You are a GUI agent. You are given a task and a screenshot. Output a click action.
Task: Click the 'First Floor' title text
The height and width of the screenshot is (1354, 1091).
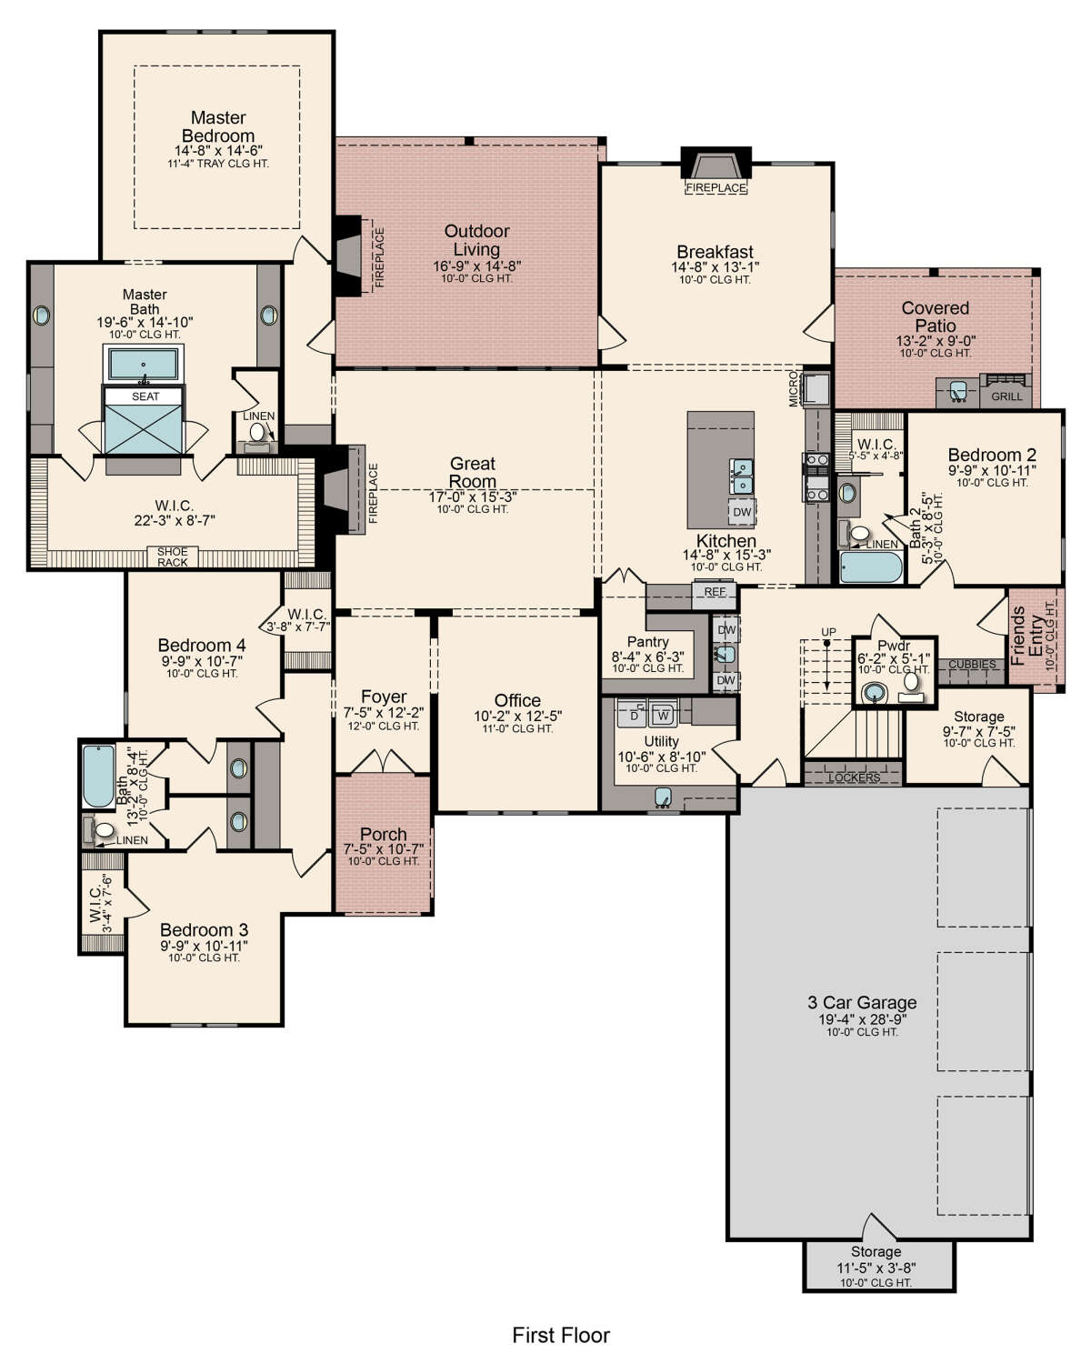point(560,1335)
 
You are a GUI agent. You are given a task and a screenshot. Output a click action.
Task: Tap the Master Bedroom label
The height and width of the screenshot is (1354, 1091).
point(218,126)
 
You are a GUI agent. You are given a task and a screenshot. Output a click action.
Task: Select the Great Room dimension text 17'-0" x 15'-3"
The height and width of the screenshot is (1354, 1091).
point(473,497)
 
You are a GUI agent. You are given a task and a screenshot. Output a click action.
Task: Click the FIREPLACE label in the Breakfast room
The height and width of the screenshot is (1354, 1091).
point(716,188)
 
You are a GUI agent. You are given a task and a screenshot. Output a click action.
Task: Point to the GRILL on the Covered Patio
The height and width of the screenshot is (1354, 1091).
point(1006,396)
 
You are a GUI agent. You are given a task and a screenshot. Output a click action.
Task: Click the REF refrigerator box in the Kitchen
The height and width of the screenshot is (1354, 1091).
point(715,592)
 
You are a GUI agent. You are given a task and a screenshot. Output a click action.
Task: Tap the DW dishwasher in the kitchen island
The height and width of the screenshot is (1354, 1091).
point(742,512)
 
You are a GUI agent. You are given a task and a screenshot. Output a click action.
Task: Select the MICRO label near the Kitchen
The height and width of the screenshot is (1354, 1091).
point(794,388)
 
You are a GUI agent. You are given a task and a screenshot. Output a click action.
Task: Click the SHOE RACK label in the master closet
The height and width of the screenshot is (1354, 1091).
point(173,557)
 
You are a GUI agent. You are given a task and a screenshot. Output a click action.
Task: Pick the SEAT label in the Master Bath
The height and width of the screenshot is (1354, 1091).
point(145,396)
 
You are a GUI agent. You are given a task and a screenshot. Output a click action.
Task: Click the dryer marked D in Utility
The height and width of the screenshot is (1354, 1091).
point(634,716)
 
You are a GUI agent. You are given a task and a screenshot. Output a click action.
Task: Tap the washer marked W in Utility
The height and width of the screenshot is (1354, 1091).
point(663,716)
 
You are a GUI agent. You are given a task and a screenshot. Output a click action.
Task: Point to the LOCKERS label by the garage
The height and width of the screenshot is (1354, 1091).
point(854,777)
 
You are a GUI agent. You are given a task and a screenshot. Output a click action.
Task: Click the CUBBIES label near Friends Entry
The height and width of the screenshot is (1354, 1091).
point(972,665)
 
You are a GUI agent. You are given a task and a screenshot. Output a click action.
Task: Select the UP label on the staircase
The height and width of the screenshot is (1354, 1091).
point(828,632)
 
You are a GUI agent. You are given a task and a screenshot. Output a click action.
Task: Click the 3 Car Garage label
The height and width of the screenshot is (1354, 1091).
point(862,1002)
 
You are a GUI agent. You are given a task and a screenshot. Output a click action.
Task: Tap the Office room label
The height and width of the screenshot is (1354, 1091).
point(517,700)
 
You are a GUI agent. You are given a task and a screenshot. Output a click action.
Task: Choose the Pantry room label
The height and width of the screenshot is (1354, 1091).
point(647,642)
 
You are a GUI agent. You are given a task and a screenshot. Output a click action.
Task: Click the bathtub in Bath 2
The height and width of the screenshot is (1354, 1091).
point(870,567)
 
